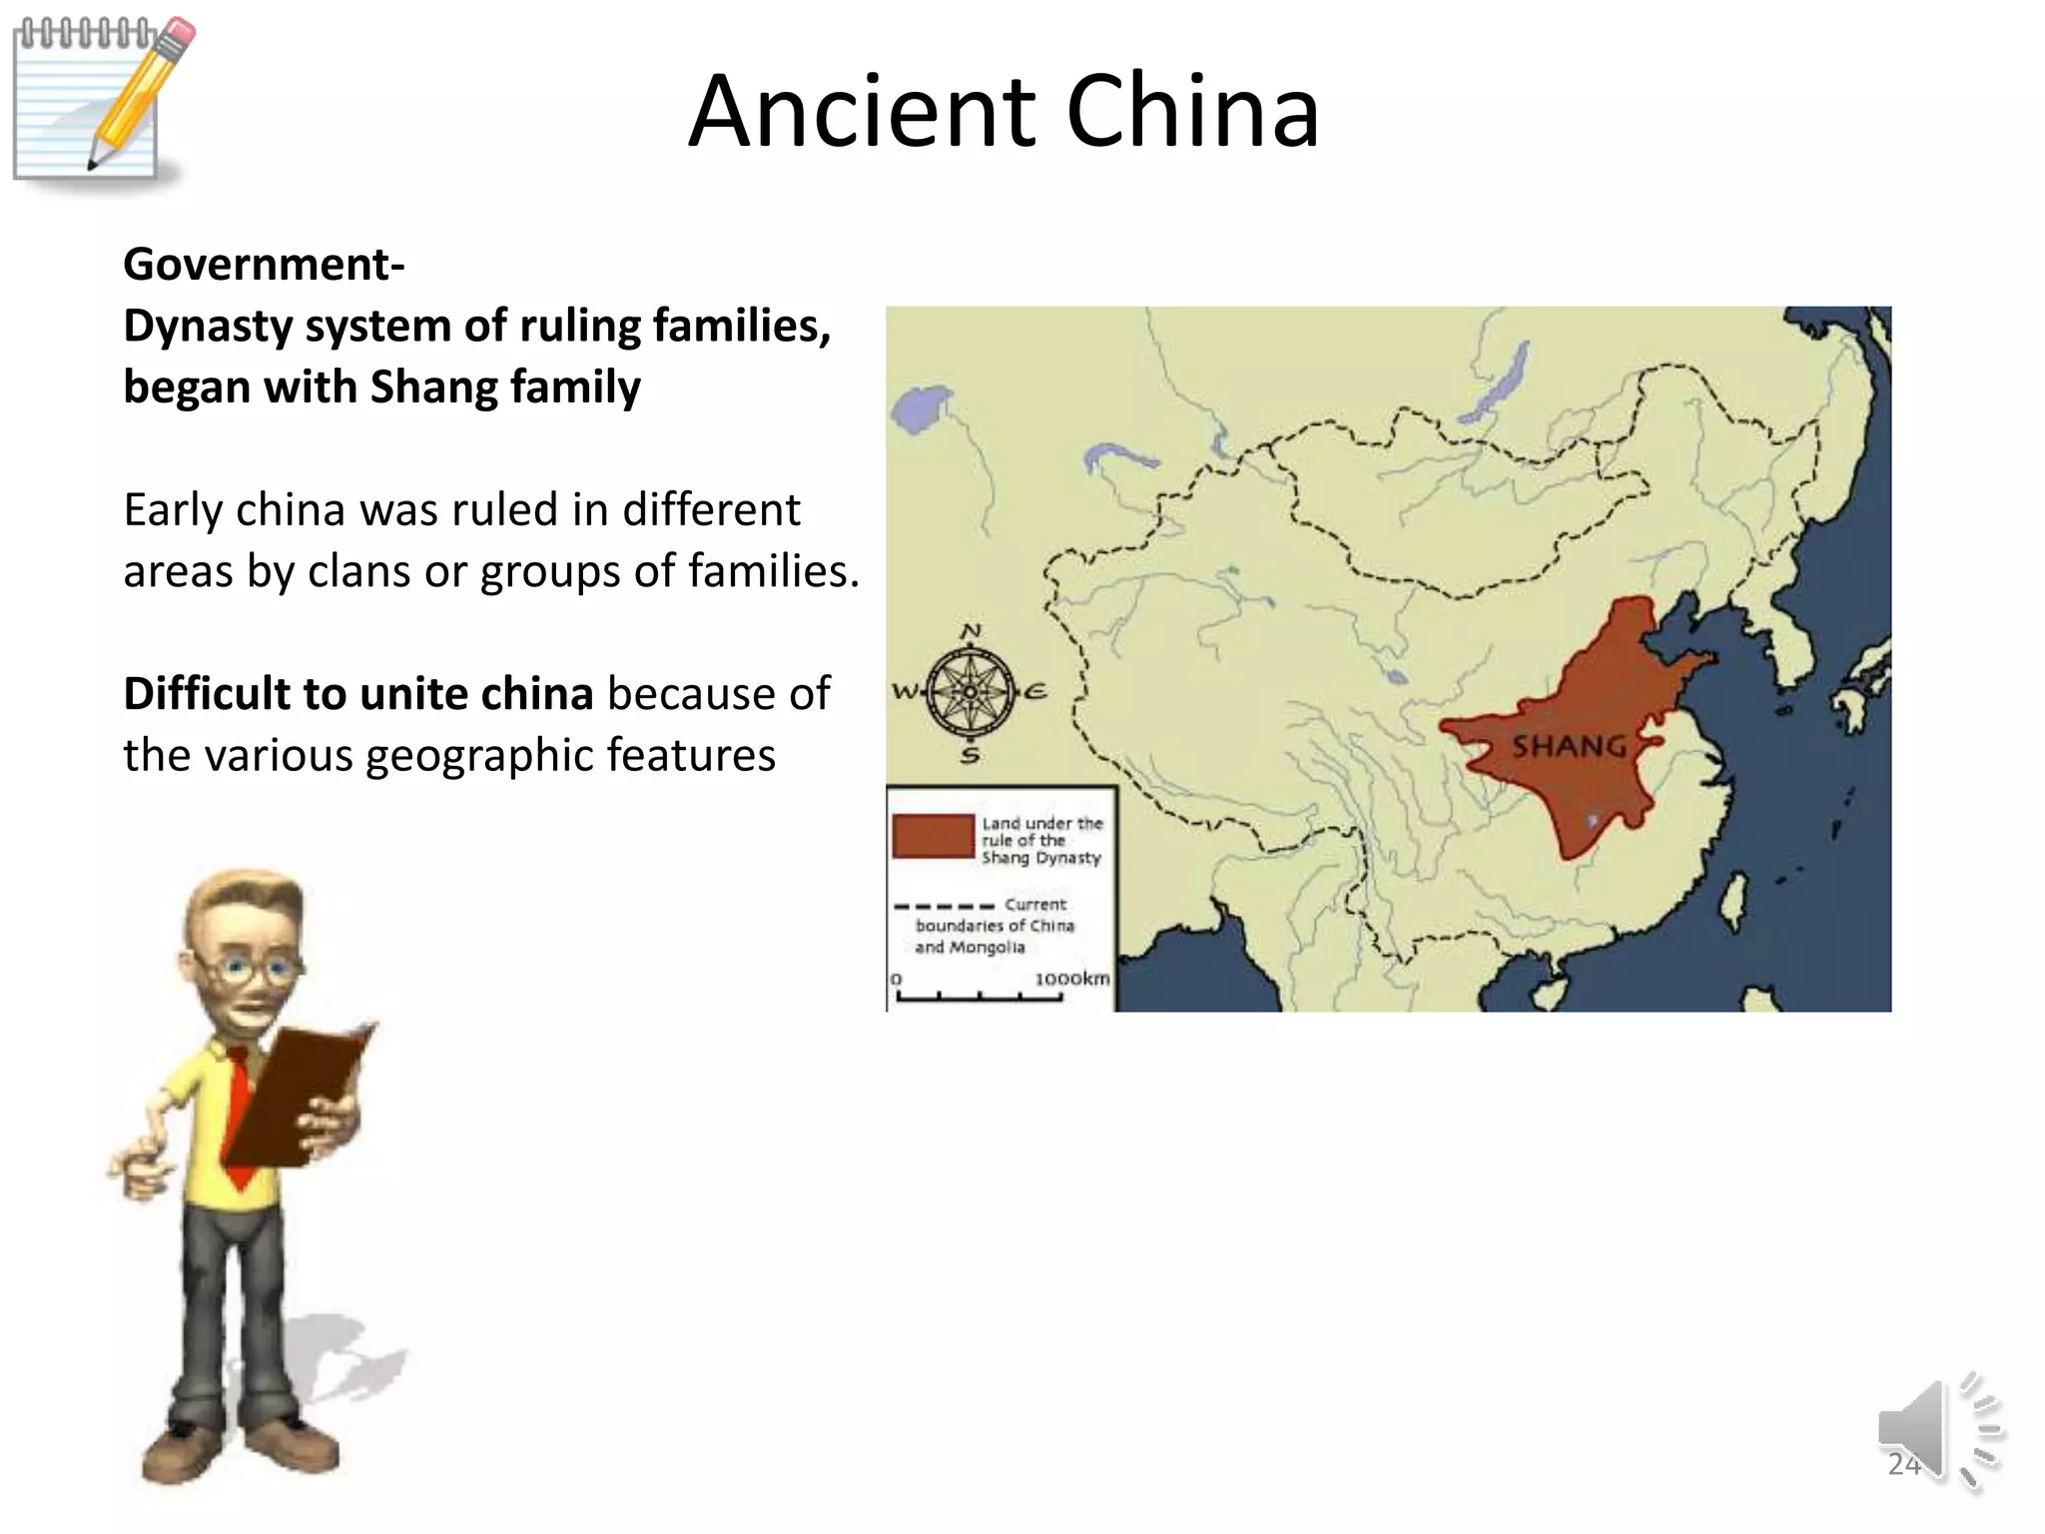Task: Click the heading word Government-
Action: click(x=264, y=265)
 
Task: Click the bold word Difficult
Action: click(x=207, y=694)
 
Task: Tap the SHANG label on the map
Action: click(x=1568, y=746)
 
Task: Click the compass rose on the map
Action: click(x=969, y=691)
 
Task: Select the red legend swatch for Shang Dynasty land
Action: click(x=933, y=836)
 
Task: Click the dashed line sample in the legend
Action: click(x=944, y=907)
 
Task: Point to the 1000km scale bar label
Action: click(x=1071, y=979)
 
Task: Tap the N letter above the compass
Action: click(x=970, y=632)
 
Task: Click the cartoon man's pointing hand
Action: click(x=135, y=1168)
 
